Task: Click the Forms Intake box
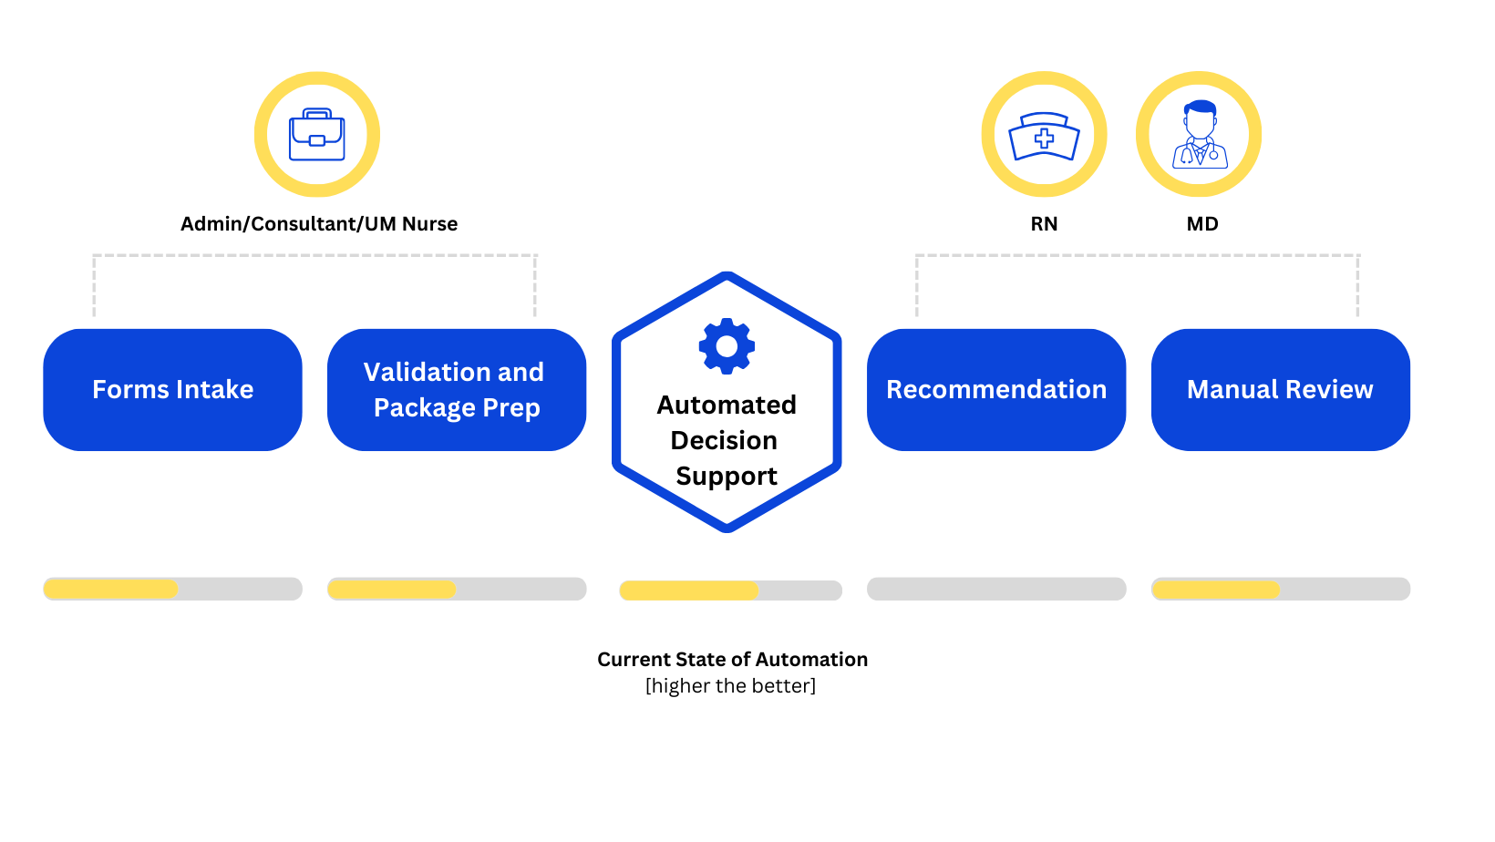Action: (x=172, y=390)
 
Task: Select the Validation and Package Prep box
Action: (x=456, y=390)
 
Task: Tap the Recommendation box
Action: (x=995, y=390)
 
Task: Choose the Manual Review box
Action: (x=1280, y=390)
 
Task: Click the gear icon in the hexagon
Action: (x=727, y=346)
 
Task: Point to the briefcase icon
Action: (x=316, y=135)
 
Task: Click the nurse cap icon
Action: (x=1044, y=136)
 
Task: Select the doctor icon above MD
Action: (x=1199, y=134)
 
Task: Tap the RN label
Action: (x=1044, y=224)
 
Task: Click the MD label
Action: (x=1201, y=224)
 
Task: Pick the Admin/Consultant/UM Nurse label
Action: (x=319, y=224)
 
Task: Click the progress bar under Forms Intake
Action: (x=172, y=589)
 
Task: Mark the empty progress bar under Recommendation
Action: (x=995, y=589)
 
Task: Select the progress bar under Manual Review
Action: (x=1280, y=589)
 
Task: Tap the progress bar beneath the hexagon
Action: (x=730, y=590)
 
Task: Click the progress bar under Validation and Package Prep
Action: (x=456, y=589)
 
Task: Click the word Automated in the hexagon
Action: (x=727, y=405)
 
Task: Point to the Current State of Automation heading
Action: (x=732, y=659)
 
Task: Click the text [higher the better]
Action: (x=730, y=685)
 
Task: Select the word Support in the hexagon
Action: (x=727, y=476)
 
